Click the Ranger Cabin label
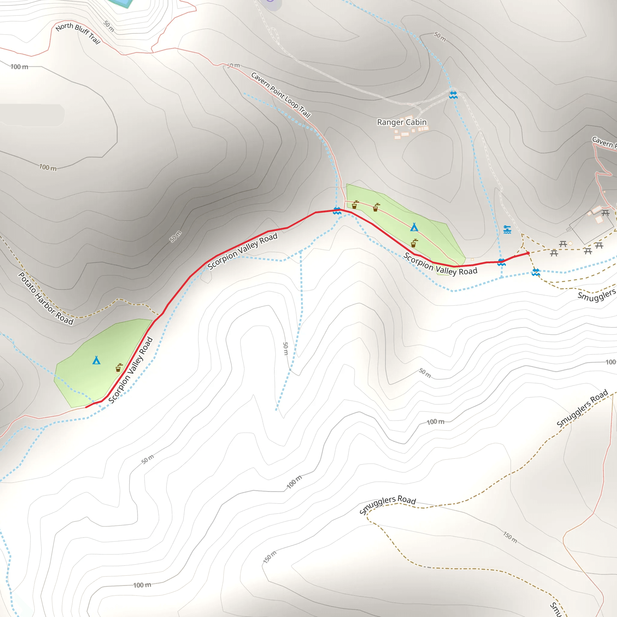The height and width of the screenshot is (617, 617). [402, 122]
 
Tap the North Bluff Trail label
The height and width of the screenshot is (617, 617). [78, 33]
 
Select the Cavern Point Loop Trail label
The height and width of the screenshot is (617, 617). [281, 95]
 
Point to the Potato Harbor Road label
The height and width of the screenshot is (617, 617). [46, 298]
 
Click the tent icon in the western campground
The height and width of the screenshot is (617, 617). [96, 360]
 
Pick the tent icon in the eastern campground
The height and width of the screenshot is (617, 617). [414, 227]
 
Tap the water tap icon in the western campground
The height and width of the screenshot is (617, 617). [118, 368]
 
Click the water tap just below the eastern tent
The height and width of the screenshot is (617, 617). [414, 243]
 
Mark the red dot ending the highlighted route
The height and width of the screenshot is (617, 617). [528, 253]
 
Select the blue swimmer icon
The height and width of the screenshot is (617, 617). [507, 229]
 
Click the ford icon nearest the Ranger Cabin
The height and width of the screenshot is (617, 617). [453, 95]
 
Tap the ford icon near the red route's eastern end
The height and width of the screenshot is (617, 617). [501, 262]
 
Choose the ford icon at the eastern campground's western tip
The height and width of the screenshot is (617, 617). [337, 211]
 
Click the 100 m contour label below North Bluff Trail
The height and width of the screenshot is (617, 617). [19, 67]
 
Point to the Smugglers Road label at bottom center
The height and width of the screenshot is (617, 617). [387, 504]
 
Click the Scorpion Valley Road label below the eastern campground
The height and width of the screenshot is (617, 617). [440, 264]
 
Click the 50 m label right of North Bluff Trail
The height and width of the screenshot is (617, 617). [109, 26]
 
